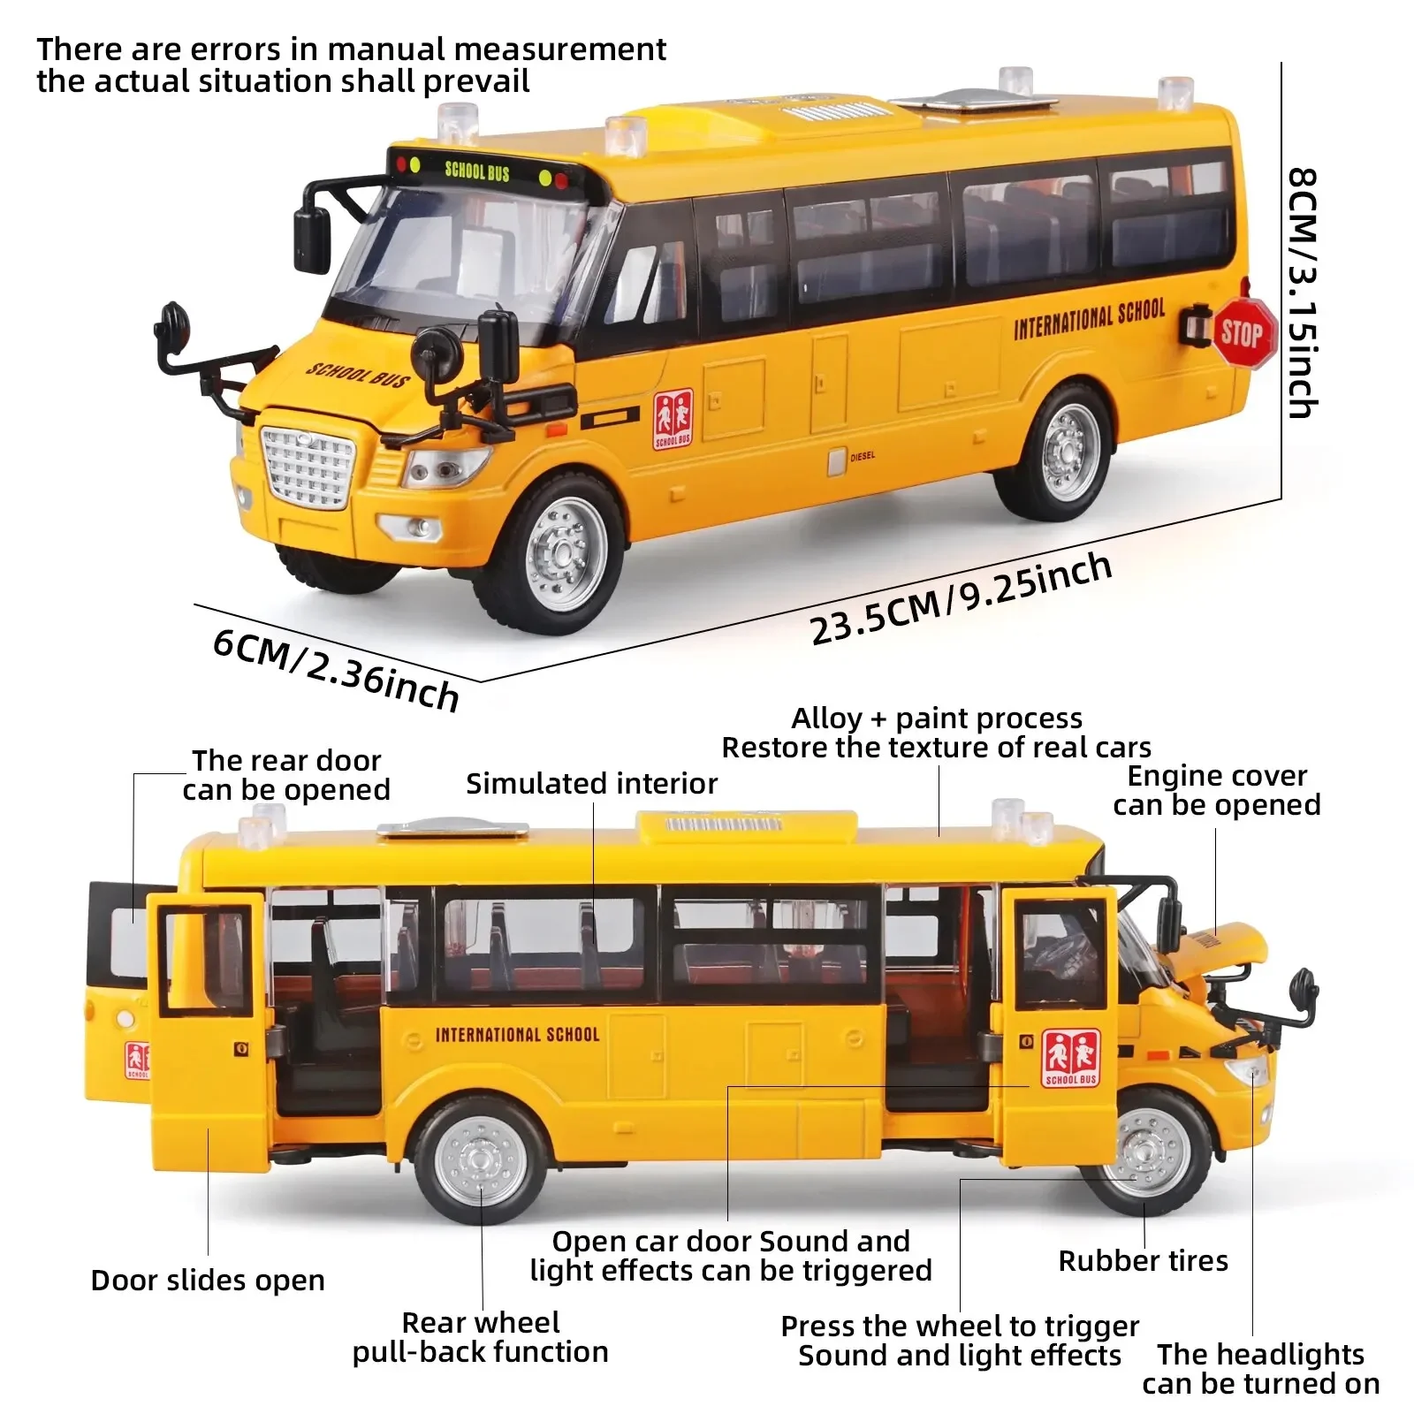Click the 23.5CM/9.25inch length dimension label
coord(961,597)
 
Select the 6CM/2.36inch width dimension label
coord(336,669)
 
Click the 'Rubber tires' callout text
coord(1143,1260)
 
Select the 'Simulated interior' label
coord(591,783)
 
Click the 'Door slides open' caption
coord(208,1280)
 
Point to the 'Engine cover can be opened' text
coord(1216,790)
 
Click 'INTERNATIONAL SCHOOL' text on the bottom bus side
coord(517,1034)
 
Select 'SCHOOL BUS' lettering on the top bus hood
coord(358,376)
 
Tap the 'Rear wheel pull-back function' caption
coord(481,1336)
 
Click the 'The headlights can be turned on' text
coord(1260,1368)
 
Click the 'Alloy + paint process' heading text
coord(936,718)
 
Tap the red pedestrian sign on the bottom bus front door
coord(1070,1057)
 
